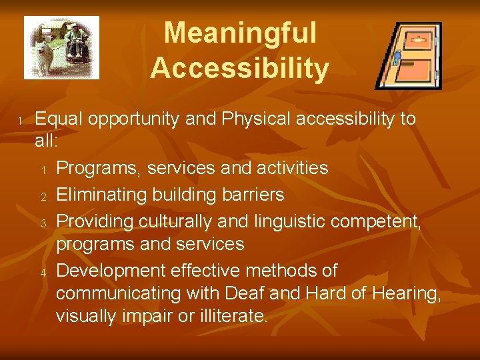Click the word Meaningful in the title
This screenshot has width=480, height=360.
[x=240, y=33]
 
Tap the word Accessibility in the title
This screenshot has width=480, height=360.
[x=240, y=68]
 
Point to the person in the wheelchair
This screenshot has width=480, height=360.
[x=77, y=41]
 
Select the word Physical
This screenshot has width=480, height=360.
[x=253, y=119]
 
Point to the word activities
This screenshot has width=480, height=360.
[x=290, y=168]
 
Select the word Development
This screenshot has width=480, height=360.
[x=111, y=271]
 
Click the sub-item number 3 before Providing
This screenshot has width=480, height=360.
[x=45, y=222]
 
